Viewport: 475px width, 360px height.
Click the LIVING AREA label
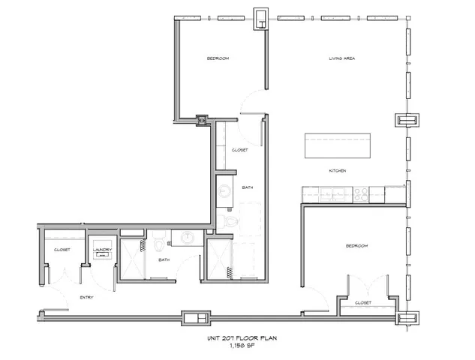tap(343, 58)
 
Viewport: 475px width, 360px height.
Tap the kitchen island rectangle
tap(337, 145)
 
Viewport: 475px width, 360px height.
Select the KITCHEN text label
tap(337, 172)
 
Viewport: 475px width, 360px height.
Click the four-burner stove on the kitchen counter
tap(361, 194)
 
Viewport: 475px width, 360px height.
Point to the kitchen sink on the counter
tap(331, 195)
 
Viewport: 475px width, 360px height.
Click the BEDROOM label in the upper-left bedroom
tap(218, 58)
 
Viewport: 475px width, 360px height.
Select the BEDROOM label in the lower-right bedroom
tap(356, 245)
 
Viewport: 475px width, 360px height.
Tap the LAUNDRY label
tap(101, 249)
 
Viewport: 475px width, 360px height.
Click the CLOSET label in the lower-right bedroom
tap(363, 302)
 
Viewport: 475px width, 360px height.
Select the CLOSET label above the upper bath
tap(240, 149)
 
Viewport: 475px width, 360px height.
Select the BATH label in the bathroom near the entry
tap(164, 260)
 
